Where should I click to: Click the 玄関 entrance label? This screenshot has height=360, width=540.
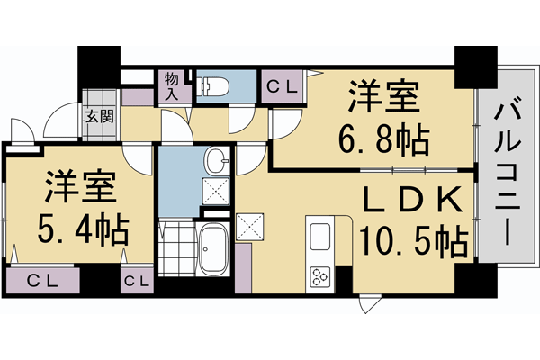(100, 115)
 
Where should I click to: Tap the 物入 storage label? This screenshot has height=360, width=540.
(170, 85)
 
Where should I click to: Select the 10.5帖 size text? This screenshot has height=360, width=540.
(413, 241)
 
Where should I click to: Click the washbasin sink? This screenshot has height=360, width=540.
(216, 162)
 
